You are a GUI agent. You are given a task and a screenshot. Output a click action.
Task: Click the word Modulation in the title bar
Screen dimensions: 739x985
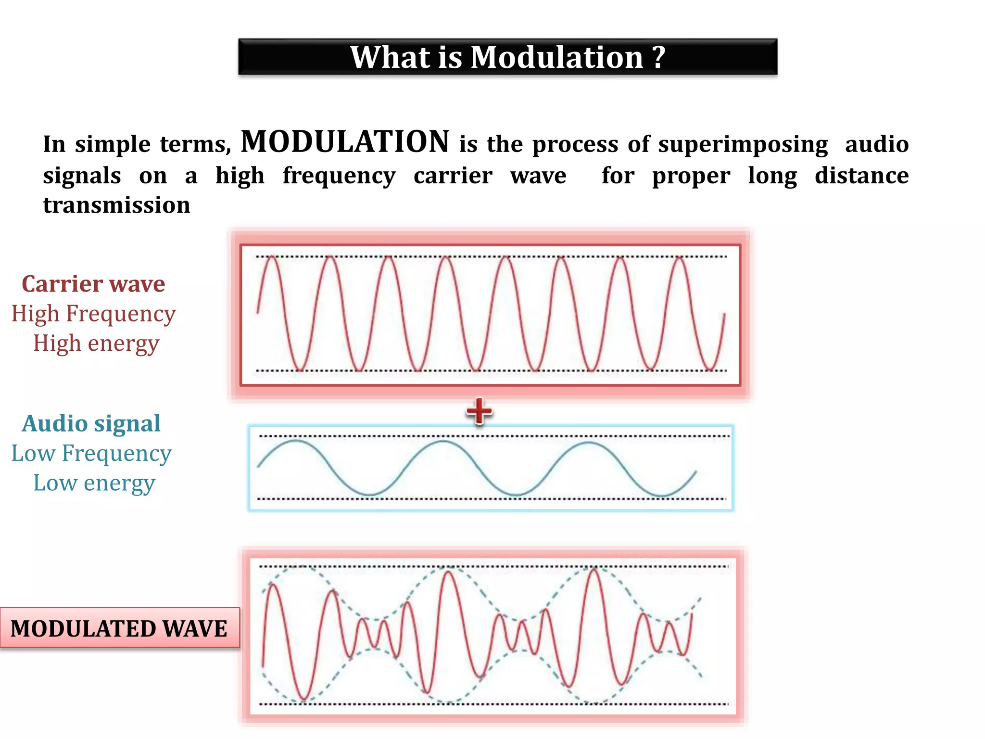(556, 57)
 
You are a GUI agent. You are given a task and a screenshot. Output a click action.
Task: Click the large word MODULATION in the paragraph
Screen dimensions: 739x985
(345, 142)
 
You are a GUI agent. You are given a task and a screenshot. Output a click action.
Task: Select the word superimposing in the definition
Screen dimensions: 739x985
(743, 144)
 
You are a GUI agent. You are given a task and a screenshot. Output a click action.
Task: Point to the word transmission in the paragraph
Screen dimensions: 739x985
(116, 205)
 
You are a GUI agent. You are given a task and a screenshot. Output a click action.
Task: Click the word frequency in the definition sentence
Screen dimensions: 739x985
(339, 176)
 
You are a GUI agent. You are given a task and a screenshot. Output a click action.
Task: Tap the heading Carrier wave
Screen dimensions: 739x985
(93, 284)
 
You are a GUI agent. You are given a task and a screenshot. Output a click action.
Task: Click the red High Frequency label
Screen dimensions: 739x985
(93, 314)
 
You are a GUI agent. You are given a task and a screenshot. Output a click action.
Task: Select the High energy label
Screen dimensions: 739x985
(96, 344)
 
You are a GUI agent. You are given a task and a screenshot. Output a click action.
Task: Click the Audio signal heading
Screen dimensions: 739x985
(91, 424)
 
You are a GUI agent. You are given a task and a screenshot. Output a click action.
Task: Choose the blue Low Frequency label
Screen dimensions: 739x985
(91, 454)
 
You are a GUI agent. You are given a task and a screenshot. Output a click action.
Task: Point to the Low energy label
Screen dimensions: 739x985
(94, 484)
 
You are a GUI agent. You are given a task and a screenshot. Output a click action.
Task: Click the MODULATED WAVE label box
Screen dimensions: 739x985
(119, 628)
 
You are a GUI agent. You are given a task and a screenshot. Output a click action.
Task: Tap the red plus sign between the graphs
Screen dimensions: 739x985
(479, 412)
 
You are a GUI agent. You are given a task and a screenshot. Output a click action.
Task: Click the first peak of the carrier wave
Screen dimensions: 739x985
(272, 258)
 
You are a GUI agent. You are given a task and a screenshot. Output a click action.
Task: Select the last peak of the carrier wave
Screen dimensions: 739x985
(680, 258)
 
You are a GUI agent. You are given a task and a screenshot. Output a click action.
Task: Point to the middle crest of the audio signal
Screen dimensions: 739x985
(443, 441)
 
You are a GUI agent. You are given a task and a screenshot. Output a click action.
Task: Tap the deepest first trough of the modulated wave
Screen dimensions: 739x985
(303, 699)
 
